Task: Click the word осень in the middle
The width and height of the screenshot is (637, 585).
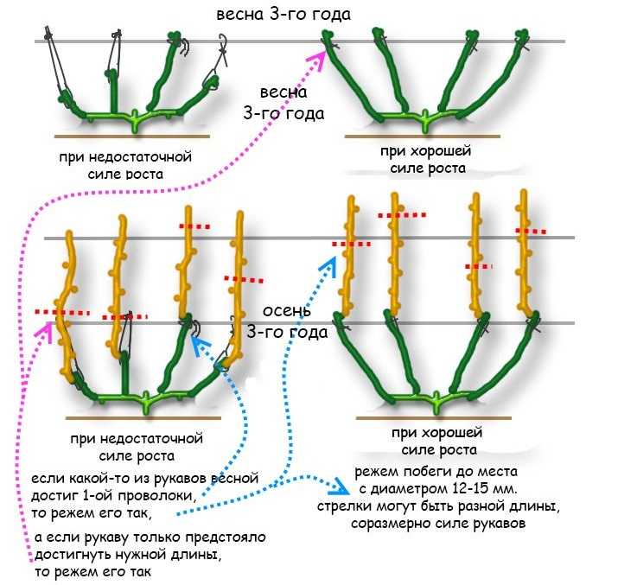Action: [x=287, y=311]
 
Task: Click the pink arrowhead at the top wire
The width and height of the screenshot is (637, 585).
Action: [x=318, y=58]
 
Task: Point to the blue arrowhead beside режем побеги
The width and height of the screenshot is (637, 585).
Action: [x=341, y=486]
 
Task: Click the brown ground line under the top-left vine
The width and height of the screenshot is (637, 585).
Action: [x=132, y=137]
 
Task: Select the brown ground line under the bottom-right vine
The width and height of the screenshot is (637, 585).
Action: [x=434, y=418]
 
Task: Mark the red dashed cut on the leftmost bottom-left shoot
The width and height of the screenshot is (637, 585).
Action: [x=62, y=313]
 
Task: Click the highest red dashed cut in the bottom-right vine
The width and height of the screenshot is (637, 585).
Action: [x=402, y=215]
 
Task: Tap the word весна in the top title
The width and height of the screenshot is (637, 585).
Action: [x=240, y=15]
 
